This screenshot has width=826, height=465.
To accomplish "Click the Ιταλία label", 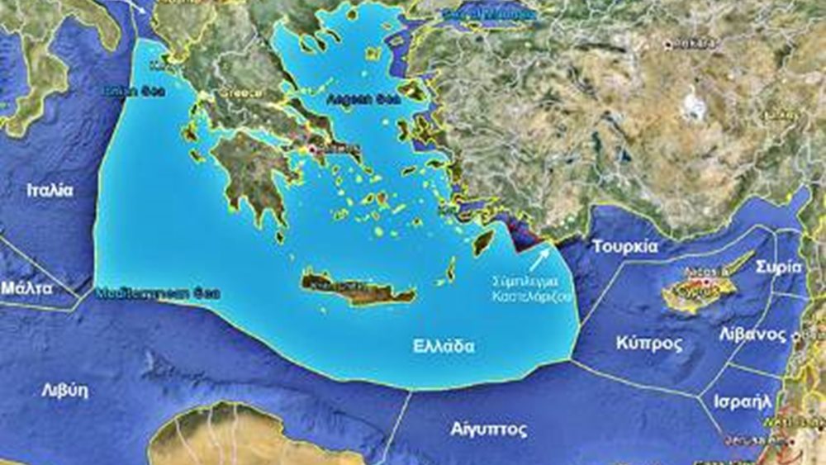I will (50, 190).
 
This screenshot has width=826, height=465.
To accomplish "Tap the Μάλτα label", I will (26, 288).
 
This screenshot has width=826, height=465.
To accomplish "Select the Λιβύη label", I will (64, 391).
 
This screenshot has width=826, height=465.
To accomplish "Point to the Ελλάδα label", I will (444, 346).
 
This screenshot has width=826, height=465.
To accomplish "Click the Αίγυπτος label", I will (489, 429).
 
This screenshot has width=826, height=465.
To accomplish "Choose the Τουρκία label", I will (624, 246).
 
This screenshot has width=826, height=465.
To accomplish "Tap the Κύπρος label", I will (649, 343).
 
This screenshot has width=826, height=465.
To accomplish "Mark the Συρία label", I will (783, 267).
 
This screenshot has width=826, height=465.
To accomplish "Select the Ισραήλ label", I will (743, 401).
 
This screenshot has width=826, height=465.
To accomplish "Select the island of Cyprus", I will (698, 289).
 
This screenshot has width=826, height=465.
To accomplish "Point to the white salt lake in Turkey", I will (695, 105).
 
